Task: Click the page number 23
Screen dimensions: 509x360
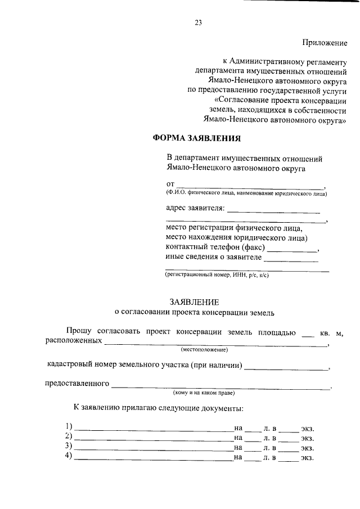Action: [x=197, y=23]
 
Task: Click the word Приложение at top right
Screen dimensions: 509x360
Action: [x=325, y=43]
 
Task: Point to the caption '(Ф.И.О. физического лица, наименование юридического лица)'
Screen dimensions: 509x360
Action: [x=246, y=193]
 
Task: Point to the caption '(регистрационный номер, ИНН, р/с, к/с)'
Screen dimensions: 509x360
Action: [x=217, y=276]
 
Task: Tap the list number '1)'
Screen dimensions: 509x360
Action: [x=69, y=426]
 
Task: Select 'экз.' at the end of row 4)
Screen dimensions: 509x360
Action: [x=307, y=458]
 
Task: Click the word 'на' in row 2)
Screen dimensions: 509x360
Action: [x=238, y=437]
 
